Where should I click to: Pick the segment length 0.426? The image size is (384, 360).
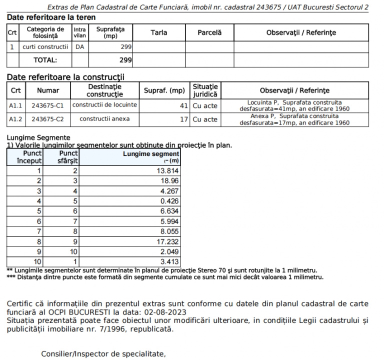(170, 200)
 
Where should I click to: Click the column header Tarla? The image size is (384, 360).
(158, 33)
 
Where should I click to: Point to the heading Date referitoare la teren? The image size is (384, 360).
(51, 17)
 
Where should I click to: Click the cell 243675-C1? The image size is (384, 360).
(47, 105)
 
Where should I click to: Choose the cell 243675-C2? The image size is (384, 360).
(47, 119)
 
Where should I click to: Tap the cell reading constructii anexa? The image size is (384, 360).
(104, 119)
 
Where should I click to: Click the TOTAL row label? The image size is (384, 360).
(45, 60)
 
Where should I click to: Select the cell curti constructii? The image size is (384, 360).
(45, 47)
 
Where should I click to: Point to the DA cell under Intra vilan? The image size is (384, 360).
(79, 47)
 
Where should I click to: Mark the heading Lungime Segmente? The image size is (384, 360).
(38, 137)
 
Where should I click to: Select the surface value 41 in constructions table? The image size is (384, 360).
(183, 105)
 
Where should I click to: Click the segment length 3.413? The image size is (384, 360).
(170, 260)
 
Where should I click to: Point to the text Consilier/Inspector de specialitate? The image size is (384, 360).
(103, 354)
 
